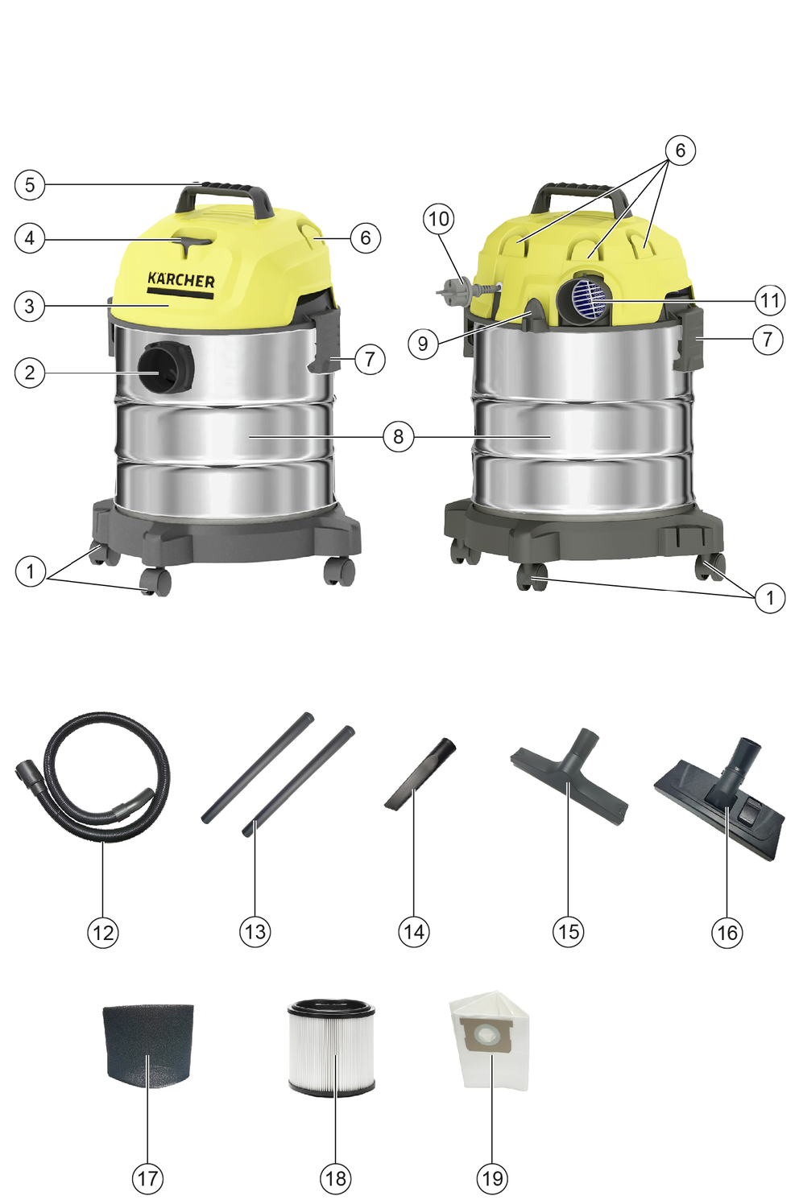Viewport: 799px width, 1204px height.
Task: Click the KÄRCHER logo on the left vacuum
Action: (x=180, y=281)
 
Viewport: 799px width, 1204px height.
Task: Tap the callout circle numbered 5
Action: (x=30, y=185)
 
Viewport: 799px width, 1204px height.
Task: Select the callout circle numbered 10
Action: (x=438, y=219)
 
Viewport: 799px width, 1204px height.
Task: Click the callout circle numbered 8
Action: (x=398, y=436)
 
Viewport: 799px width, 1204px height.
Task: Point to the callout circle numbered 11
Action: (x=769, y=300)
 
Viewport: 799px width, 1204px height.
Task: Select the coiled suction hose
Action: (x=93, y=776)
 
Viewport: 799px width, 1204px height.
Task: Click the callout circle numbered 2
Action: (x=30, y=373)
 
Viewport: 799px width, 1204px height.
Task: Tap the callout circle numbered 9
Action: (x=423, y=344)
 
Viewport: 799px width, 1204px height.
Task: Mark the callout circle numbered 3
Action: (x=30, y=307)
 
